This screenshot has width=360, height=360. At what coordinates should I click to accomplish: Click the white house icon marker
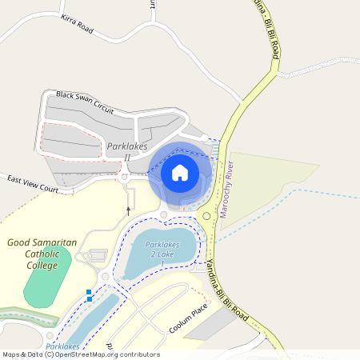click(179, 172)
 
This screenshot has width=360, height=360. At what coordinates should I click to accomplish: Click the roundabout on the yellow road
click(206, 216)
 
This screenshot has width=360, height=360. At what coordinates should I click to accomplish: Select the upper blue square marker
click(89, 292)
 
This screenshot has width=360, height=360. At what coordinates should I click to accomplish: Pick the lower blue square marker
click(89, 299)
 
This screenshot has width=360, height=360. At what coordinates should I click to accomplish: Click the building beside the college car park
click(98, 255)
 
